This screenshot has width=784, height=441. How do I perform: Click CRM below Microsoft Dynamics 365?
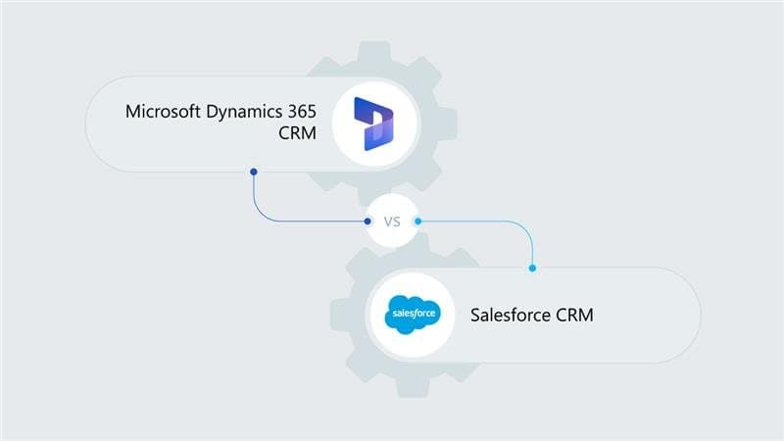296,134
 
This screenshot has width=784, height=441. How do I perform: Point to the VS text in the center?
393,221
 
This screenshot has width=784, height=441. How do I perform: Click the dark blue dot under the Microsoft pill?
254,172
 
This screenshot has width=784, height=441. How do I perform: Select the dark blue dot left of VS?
368,221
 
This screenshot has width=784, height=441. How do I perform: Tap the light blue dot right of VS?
417,221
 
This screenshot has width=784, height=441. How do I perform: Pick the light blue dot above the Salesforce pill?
532,268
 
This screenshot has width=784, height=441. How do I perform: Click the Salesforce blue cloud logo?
412,315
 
